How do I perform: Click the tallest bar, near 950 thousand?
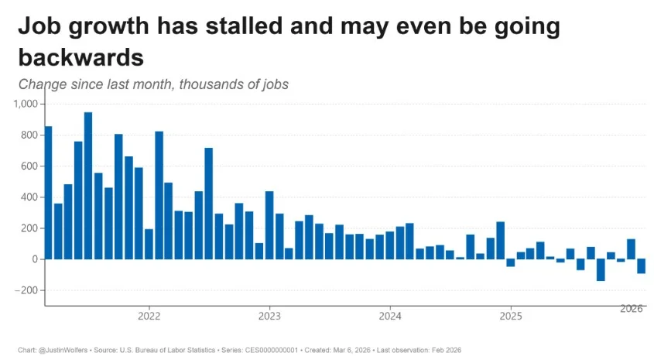click(x=88, y=186)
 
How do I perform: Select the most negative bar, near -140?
click(x=601, y=270)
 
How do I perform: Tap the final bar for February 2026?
click(x=641, y=266)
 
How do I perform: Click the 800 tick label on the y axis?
click(x=29, y=135)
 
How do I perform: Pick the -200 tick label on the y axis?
click(x=28, y=290)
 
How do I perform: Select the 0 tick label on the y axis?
click(x=35, y=259)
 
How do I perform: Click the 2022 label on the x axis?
click(x=149, y=316)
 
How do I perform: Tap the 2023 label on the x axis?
click(x=269, y=316)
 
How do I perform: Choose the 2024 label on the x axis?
click(x=390, y=316)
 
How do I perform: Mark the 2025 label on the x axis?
click(x=510, y=316)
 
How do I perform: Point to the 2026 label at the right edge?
click(x=632, y=308)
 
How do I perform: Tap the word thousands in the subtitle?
click(x=211, y=84)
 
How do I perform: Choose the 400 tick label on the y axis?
click(x=29, y=197)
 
